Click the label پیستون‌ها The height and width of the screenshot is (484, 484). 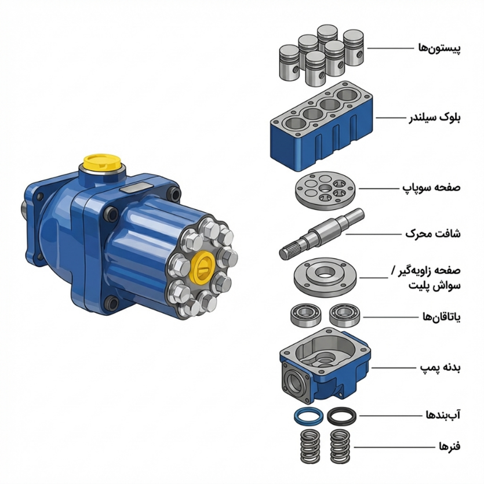pos(439,49)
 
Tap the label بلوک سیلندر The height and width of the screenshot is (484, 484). pos(435,118)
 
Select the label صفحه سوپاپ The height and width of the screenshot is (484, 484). pos(431,188)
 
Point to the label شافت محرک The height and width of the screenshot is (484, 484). pos(433,234)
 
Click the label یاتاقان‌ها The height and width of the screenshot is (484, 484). pos(442,317)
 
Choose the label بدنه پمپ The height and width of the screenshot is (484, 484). pos(440,367)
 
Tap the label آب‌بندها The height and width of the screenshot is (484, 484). pos(443,415)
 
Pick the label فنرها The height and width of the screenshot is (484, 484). pos(450,446)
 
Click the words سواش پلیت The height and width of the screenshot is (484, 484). pos(435,286)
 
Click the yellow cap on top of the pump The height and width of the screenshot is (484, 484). pos(102,162)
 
